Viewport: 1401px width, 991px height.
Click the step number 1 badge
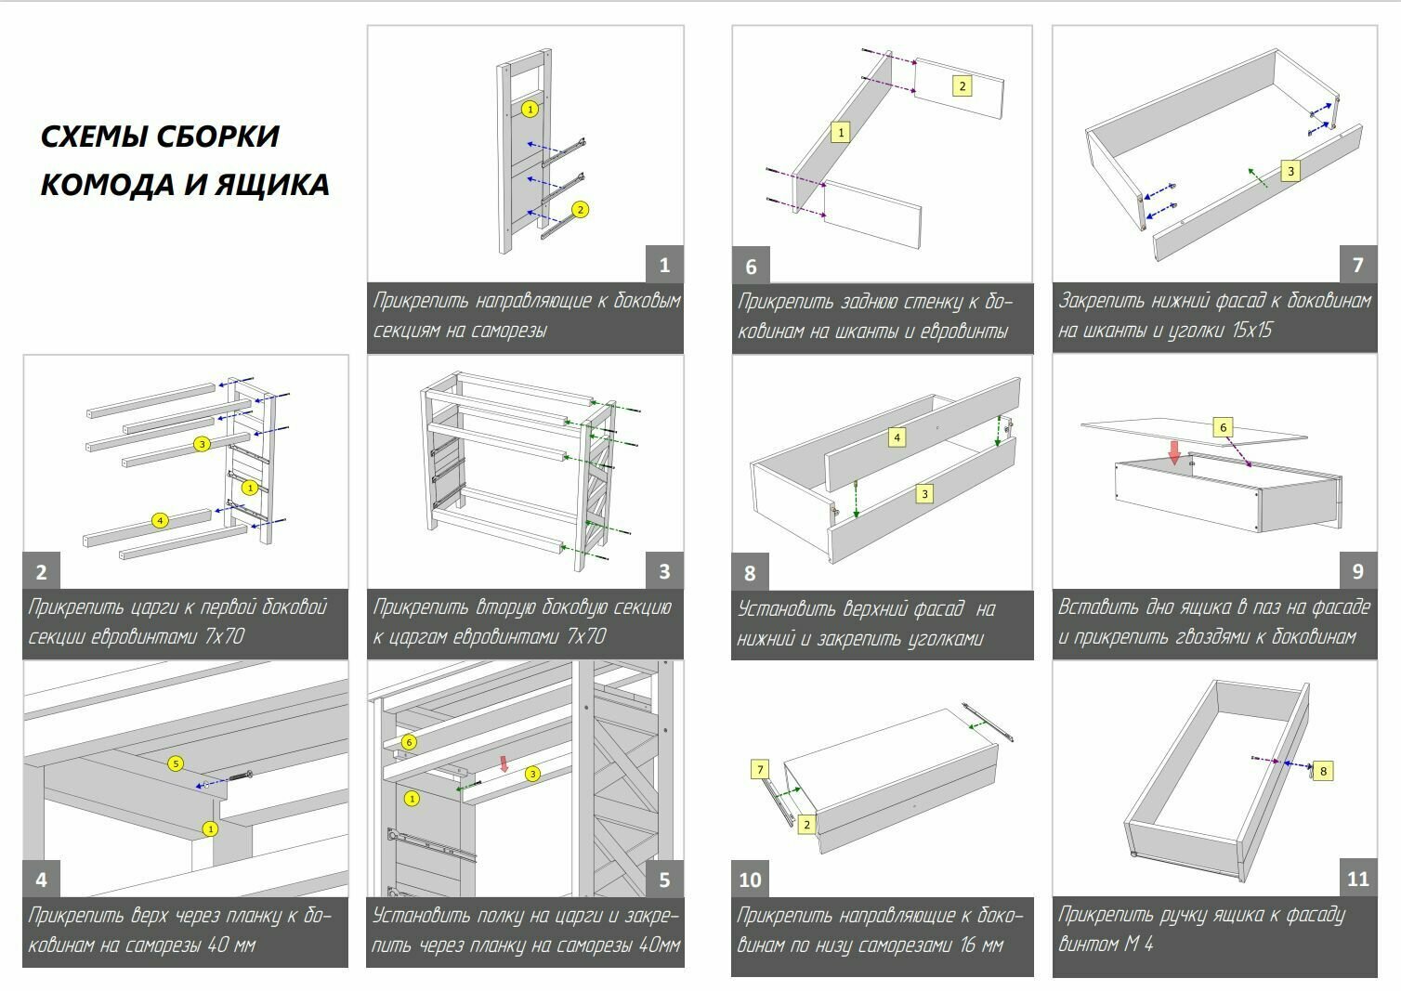coord(664,265)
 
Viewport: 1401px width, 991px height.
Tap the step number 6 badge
coord(751,267)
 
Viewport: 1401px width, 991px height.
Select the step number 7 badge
coord(1357,265)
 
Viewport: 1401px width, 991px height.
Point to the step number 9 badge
coord(1357,572)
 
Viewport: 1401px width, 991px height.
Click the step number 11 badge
coord(1357,879)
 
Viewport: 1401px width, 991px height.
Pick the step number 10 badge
coord(750,880)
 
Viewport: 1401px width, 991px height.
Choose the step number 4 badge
coord(41,879)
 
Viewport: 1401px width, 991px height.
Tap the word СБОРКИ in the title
coord(217,137)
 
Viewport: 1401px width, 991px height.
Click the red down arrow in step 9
coord(1174,452)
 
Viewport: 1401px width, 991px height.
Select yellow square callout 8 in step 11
coord(1324,770)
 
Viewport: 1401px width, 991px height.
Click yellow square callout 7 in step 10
coord(760,769)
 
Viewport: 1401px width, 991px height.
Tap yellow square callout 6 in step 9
coord(1223,427)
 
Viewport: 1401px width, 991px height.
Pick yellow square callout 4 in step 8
coord(897,437)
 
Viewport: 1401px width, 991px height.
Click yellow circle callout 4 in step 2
coord(160,520)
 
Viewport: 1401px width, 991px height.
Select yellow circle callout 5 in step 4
coord(175,763)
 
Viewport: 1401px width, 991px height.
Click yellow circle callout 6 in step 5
coord(408,742)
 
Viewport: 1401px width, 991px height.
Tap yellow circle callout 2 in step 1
coord(581,209)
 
